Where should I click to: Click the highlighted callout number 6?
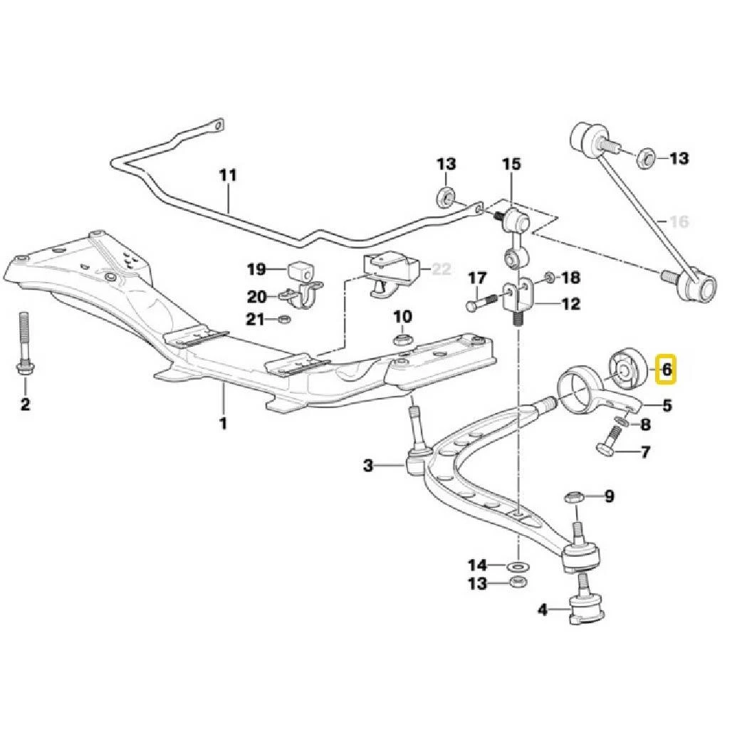[667, 370]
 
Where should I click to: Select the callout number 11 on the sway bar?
[227, 175]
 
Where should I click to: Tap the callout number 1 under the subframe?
[223, 423]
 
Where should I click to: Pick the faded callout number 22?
[441, 269]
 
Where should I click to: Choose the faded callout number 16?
[679, 222]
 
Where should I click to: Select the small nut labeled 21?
[283, 319]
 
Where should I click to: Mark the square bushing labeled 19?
[299, 270]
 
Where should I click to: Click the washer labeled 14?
[518, 566]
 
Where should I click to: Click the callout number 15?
[511, 164]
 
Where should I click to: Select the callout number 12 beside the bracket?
[570, 304]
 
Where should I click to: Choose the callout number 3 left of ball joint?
[367, 466]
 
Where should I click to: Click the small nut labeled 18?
[550, 276]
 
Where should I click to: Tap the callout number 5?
[667, 406]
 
